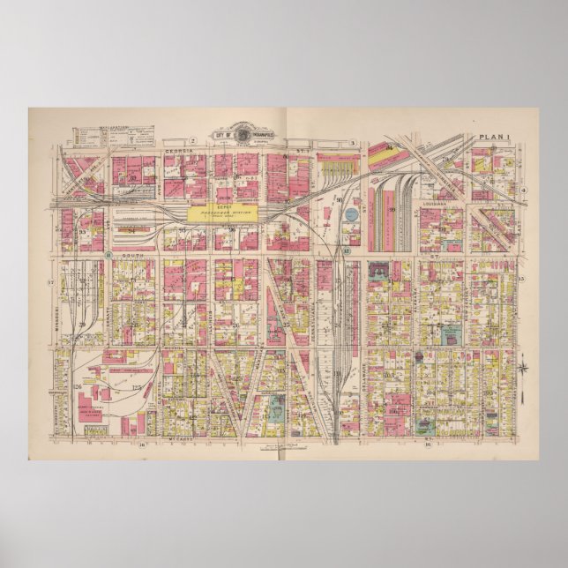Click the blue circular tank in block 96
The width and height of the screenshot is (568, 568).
click(351, 213)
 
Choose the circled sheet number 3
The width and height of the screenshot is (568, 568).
click(351, 142)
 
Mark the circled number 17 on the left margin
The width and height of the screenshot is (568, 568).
click(50, 281)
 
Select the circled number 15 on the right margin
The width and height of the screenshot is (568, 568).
click(522, 279)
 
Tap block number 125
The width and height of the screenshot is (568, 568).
click(137, 386)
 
